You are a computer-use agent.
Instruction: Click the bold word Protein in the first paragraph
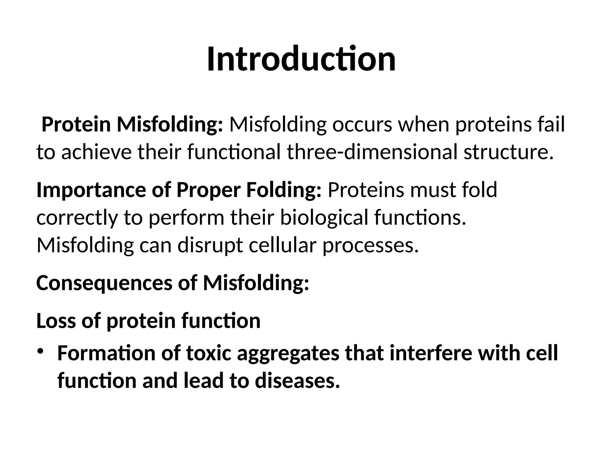(76, 124)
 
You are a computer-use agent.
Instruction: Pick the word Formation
(106, 353)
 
